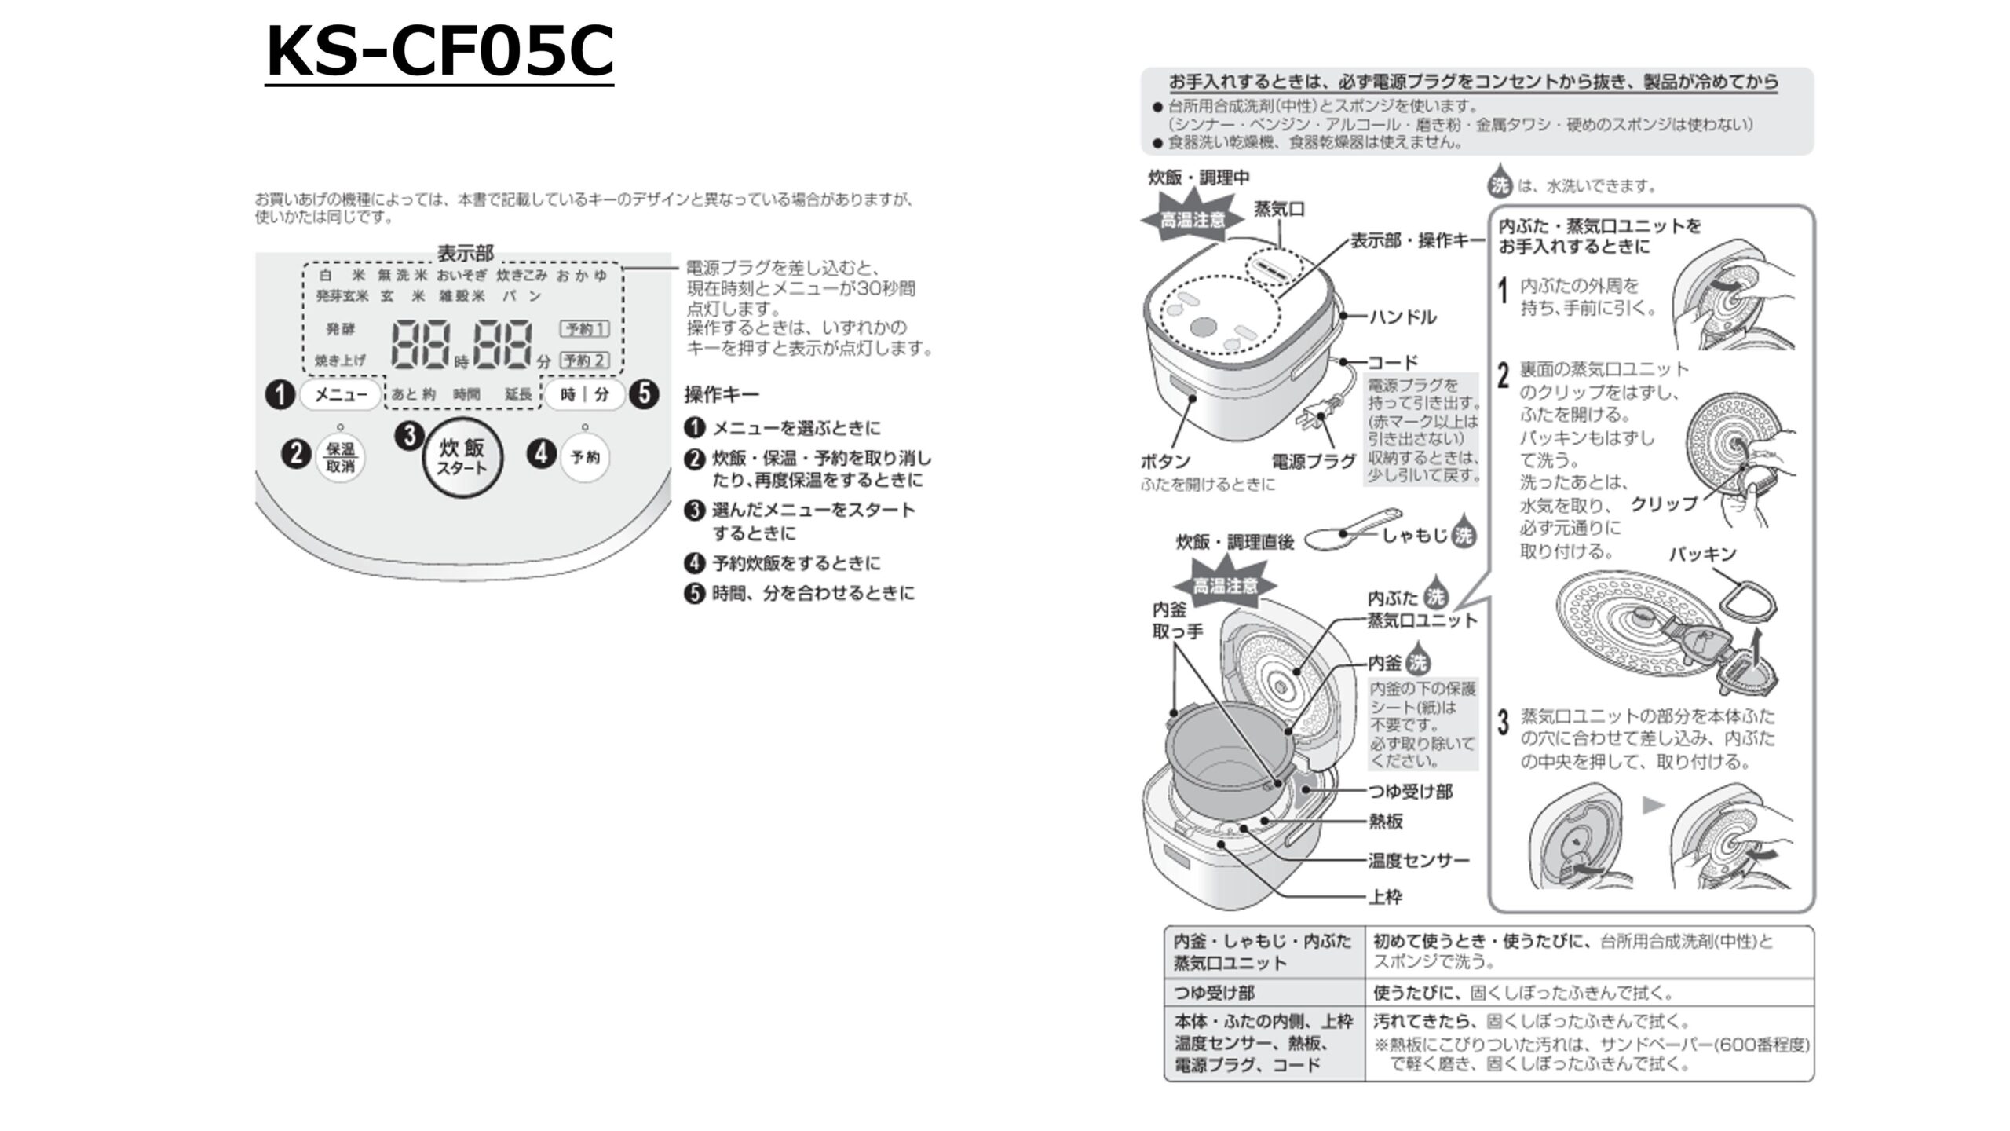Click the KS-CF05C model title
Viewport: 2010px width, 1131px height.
[x=440, y=52]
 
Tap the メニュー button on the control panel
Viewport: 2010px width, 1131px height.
[x=341, y=394]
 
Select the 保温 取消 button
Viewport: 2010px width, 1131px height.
[x=340, y=457]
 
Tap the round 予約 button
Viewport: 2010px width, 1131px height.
[x=585, y=457]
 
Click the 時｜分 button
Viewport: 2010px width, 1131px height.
[x=585, y=394]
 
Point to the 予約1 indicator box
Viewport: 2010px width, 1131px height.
[x=584, y=328]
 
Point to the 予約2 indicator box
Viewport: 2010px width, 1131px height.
[x=584, y=361]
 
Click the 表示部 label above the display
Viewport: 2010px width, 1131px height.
[x=465, y=253]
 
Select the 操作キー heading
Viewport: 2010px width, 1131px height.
[x=722, y=394]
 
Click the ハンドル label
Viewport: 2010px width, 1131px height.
[x=1403, y=317]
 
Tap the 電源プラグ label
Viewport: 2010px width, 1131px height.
[x=1314, y=461]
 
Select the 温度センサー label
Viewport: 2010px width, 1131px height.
[x=1418, y=861]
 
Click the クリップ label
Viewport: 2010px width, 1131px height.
[x=1664, y=503]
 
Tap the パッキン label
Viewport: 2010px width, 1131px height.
[x=1702, y=555]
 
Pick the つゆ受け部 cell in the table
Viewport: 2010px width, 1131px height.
[x=1214, y=994]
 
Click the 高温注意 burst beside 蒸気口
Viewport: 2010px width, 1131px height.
[x=1193, y=219]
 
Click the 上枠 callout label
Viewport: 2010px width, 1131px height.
[x=1385, y=897]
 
